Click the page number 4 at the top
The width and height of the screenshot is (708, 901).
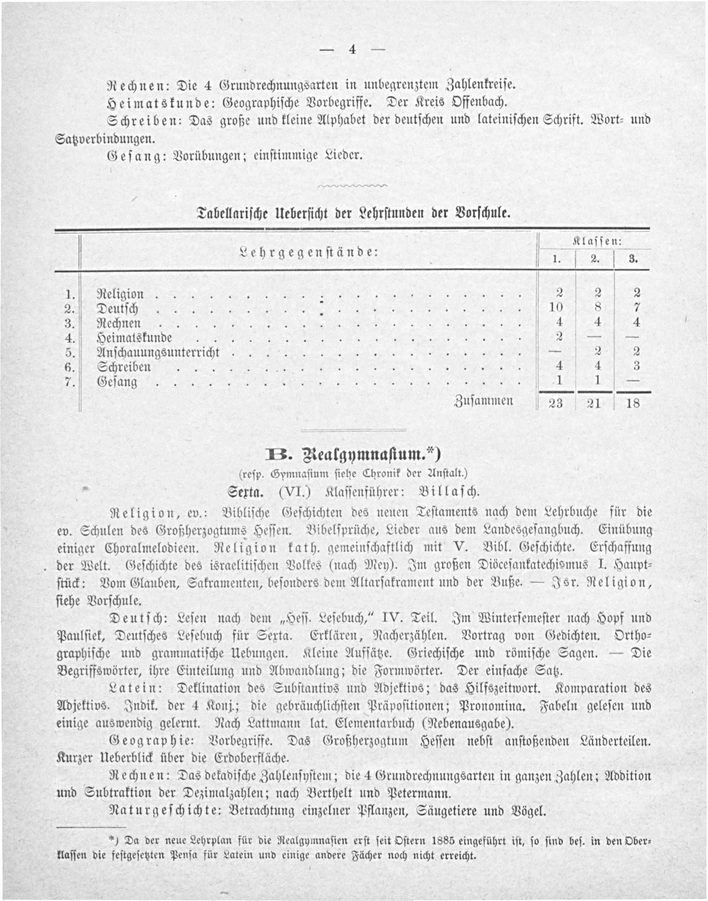(353, 50)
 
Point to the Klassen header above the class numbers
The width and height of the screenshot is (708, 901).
(596, 242)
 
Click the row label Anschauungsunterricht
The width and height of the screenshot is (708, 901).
(158, 353)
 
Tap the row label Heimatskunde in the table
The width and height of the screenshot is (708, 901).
(135, 338)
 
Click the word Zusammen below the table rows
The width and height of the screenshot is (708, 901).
(484, 401)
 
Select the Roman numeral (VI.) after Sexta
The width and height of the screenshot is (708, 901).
(295, 492)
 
